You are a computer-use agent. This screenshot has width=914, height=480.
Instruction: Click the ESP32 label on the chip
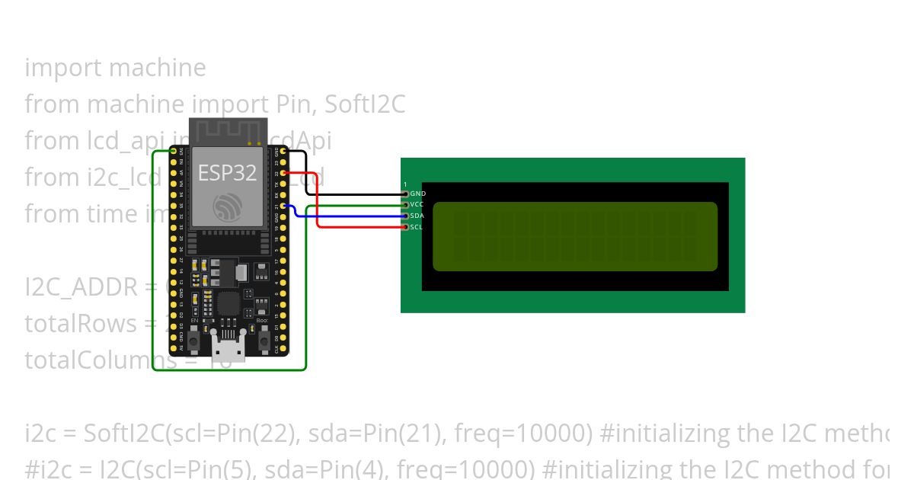tap(227, 173)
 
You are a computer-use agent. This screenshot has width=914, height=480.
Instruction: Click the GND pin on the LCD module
tap(405, 194)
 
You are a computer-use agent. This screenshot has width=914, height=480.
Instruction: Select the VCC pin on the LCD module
tap(405, 205)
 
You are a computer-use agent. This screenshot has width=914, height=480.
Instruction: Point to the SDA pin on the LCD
tap(405, 216)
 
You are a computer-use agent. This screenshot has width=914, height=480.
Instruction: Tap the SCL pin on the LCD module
tap(405, 227)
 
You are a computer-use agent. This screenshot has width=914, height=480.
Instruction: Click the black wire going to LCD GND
tap(350, 194)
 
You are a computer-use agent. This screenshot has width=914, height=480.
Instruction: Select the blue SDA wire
tap(350, 216)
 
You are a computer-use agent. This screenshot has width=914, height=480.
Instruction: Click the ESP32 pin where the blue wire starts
tap(283, 206)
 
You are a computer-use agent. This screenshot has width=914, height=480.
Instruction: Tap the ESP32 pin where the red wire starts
tap(283, 174)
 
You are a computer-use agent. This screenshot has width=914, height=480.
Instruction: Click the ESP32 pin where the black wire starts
tap(283, 152)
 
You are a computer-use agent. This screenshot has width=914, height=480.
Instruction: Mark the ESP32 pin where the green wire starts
tap(174, 152)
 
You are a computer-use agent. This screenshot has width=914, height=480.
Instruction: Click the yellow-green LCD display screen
tap(575, 236)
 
